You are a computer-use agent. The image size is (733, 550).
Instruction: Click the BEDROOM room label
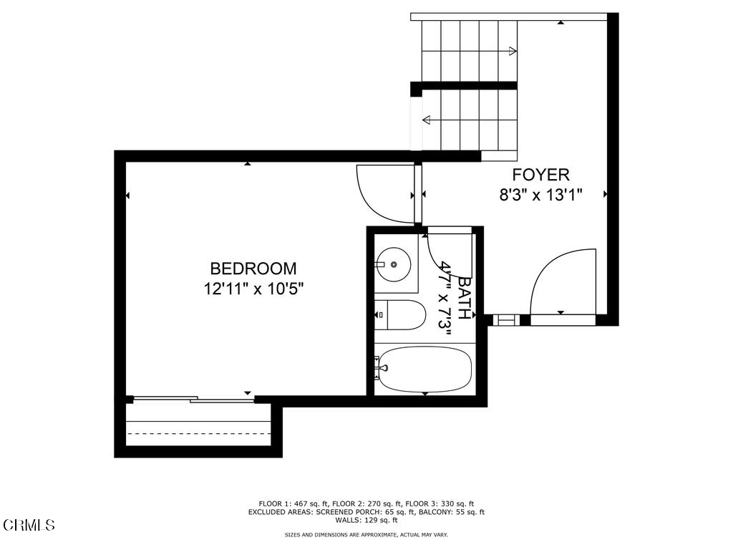click(253, 269)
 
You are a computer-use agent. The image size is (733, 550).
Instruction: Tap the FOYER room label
click(541, 175)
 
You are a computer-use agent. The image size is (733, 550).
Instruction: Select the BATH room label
click(464, 299)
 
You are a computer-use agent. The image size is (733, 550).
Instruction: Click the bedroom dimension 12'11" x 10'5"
click(253, 289)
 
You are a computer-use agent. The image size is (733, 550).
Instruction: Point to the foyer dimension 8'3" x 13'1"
click(541, 194)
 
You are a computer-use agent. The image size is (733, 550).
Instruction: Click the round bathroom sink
click(394, 264)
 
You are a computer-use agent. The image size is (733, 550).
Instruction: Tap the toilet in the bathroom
click(399, 315)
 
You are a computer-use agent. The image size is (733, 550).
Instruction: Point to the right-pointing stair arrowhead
click(513, 51)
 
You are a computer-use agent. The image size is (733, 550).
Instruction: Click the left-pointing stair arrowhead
click(426, 120)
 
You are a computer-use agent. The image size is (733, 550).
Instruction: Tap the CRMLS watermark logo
click(29, 525)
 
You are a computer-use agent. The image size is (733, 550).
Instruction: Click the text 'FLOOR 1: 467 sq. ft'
click(293, 503)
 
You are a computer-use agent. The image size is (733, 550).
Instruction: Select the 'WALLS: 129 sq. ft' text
click(366, 520)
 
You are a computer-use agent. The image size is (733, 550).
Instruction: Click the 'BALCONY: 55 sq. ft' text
click(450, 512)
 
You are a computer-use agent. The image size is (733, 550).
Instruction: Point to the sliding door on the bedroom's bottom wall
click(194, 399)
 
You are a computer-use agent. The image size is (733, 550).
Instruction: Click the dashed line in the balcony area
click(199, 433)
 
